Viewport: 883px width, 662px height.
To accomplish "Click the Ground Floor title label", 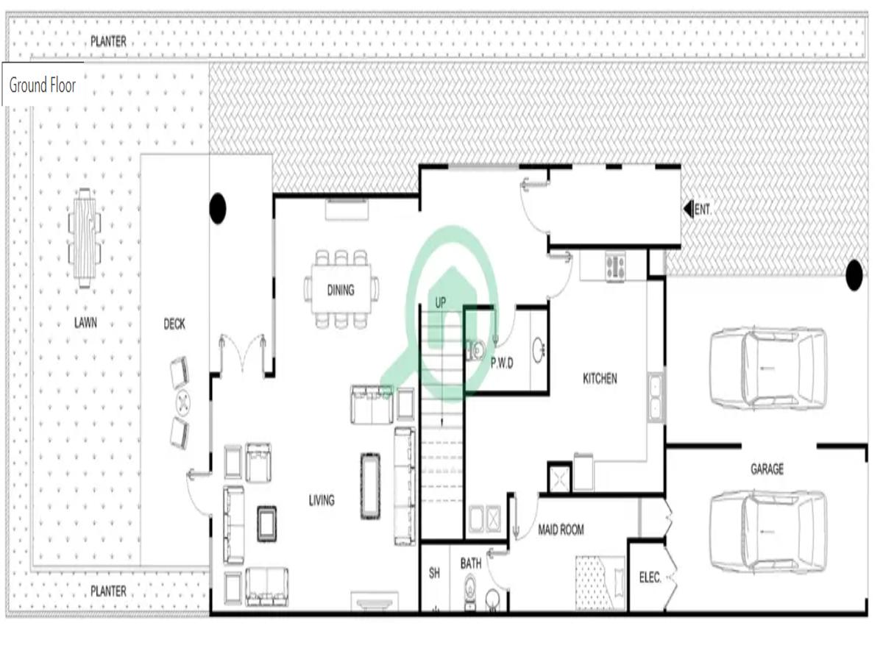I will pyautogui.click(x=43, y=85).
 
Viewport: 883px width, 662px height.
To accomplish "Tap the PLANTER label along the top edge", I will pyautogui.click(x=108, y=42).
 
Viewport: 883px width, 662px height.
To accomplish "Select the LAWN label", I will pyautogui.click(x=85, y=322).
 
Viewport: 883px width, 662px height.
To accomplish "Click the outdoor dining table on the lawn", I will pyautogui.click(x=85, y=238).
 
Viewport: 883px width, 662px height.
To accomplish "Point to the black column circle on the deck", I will pyautogui.click(x=217, y=209).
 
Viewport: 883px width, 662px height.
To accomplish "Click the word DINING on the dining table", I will pyautogui.click(x=341, y=290).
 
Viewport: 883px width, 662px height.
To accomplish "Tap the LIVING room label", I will pyautogui.click(x=322, y=500).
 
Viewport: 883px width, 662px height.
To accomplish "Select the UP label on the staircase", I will pyautogui.click(x=441, y=302).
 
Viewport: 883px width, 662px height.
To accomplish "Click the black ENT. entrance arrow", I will pyautogui.click(x=688, y=210).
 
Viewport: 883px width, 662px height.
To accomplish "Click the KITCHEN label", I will pyautogui.click(x=600, y=379).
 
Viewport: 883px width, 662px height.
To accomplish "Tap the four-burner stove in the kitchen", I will pyautogui.click(x=614, y=266).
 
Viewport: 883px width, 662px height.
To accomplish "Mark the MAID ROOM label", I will pyautogui.click(x=561, y=529).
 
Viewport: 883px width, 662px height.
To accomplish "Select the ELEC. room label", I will pyautogui.click(x=650, y=577).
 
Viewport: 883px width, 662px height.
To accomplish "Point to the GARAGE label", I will pyautogui.click(x=767, y=469).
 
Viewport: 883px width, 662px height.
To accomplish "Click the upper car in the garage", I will pyautogui.click(x=767, y=368).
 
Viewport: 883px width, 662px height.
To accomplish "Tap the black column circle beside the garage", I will pyautogui.click(x=854, y=275).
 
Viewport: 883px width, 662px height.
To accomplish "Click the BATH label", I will pyautogui.click(x=471, y=563).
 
